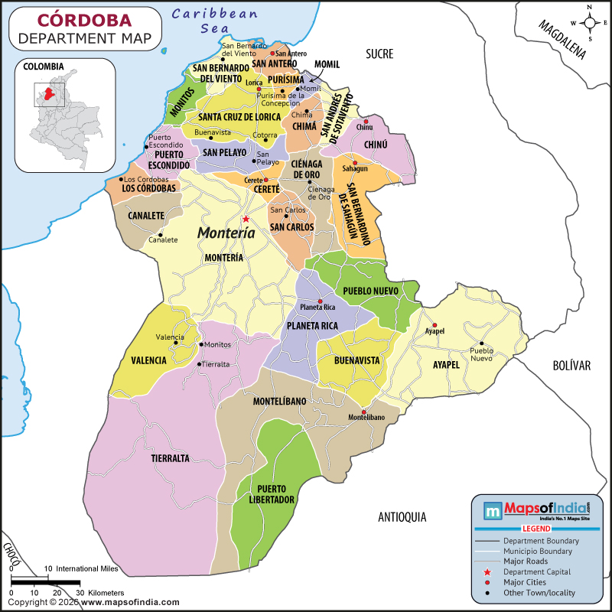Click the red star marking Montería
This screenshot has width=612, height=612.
coord(246,219)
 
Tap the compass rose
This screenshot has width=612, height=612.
coord(591,24)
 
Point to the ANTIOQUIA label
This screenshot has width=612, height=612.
coord(402,517)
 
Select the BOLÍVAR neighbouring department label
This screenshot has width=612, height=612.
coord(572,366)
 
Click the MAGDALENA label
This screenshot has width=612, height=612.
coord(562,39)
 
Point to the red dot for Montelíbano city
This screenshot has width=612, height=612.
coord(364,410)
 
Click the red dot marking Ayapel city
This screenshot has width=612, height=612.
coord(434,324)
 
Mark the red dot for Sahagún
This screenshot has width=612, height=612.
coord(354,161)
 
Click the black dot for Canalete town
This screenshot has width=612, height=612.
coord(161,234)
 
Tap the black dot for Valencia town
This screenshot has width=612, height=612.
coord(175,343)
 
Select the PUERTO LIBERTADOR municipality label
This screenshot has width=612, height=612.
coord(276,493)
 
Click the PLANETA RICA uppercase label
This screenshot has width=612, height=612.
coord(312,326)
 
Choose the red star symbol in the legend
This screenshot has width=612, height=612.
coord(487,572)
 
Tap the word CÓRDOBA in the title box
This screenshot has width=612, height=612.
coord(84,19)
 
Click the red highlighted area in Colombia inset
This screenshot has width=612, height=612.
coord(50,94)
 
